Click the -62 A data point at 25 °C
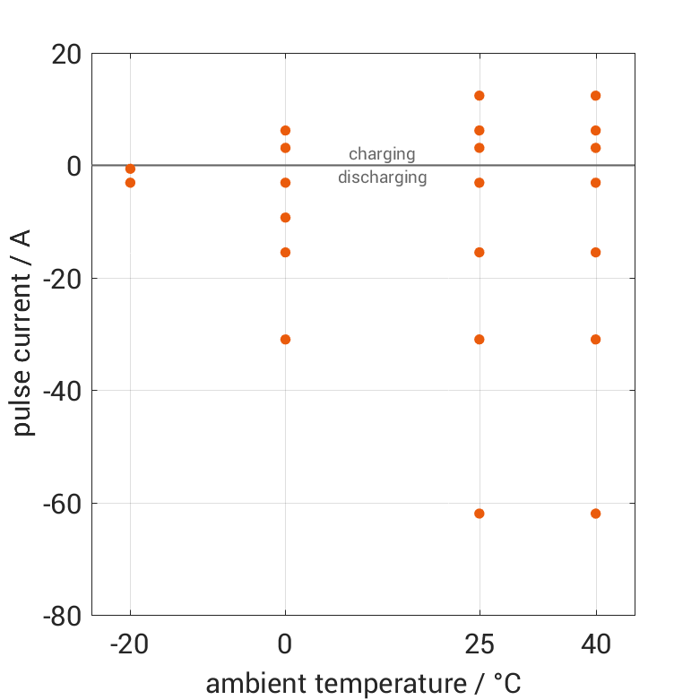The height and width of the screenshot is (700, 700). (480, 514)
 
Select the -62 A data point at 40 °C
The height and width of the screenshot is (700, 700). (595, 514)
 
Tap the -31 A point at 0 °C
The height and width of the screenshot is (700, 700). (286, 340)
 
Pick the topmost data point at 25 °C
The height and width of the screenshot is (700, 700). (480, 96)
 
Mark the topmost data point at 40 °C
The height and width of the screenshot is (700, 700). (595, 96)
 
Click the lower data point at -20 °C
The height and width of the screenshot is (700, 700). (131, 183)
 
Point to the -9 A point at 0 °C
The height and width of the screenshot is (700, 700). (286, 218)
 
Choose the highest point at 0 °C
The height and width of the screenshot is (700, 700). (286, 131)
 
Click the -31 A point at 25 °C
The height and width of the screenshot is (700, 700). (480, 340)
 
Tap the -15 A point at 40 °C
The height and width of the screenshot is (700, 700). (595, 253)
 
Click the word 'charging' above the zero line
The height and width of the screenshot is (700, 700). (382, 154)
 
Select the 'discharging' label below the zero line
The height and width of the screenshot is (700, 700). (382, 177)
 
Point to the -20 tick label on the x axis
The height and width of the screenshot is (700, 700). (130, 644)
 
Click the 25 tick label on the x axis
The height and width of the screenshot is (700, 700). (480, 644)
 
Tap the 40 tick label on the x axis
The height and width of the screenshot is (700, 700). (595, 644)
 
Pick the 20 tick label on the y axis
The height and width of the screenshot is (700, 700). (65, 54)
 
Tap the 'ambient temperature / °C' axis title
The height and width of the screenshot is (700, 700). (363, 684)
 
